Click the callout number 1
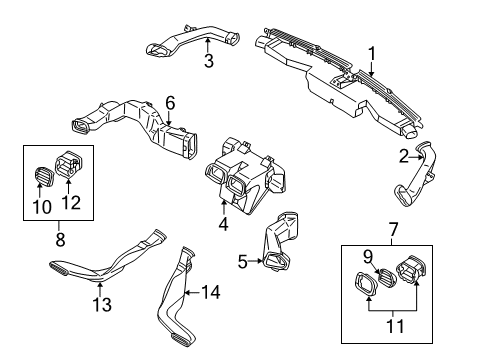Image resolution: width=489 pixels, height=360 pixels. point(372,54)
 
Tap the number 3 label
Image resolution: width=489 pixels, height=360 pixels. point(209,61)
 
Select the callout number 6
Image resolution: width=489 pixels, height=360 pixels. point(170,103)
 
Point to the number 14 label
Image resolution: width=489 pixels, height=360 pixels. point(211,292)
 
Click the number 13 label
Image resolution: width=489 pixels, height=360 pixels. point(102,305)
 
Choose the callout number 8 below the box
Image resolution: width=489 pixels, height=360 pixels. point(60,239)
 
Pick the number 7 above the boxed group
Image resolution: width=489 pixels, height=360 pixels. point(393,230)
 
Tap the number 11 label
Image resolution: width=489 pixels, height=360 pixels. point(395,326)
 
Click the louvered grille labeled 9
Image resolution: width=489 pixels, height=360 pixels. point(386,277)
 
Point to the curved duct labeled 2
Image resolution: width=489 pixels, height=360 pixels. point(417,175)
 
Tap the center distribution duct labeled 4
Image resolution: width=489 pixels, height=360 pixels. point(245,176)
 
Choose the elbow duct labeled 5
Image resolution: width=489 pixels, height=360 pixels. point(281,240)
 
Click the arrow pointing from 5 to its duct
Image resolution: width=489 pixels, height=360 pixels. point(257,261)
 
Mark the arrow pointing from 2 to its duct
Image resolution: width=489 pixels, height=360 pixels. point(417,156)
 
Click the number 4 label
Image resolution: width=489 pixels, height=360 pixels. point(224,224)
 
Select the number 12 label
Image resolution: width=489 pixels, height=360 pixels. point(71,202)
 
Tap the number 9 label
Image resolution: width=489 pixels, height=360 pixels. point(367,257)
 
